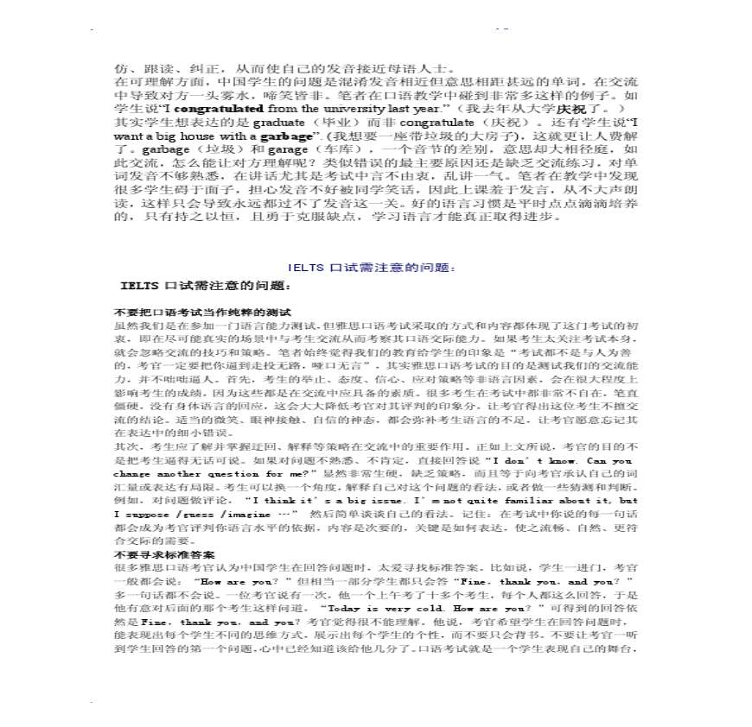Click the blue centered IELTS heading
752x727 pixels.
pyautogui.click(x=375, y=268)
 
